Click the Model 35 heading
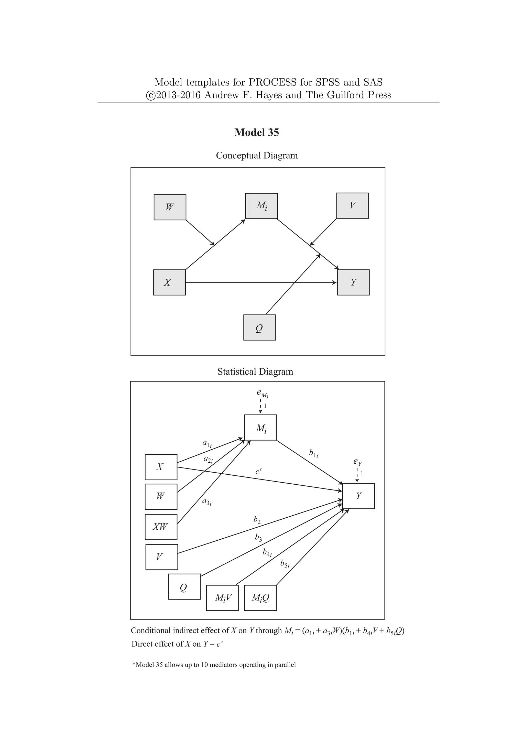(257, 132)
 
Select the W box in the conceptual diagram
(170, 207)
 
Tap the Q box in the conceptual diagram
(259, 328)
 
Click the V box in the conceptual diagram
(352, 205)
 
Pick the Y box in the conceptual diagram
(353, 282)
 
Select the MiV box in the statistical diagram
(222, 598)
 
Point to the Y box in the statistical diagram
(358, 496)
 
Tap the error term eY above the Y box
(357, 462)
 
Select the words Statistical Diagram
(255, 372)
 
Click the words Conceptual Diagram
(257, 156)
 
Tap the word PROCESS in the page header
(272, 82)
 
